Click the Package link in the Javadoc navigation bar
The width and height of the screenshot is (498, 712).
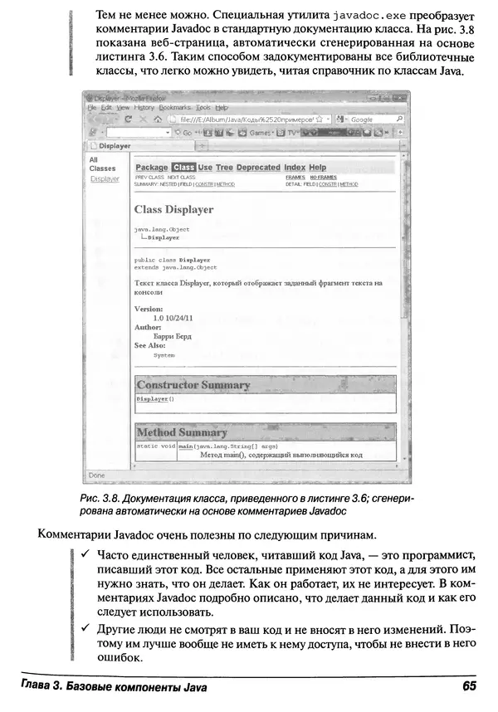151,168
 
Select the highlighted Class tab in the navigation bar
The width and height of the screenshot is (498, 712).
183,168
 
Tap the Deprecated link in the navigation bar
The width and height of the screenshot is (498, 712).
258,168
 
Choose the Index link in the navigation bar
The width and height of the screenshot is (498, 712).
295,168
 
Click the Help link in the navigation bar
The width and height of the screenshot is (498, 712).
318,168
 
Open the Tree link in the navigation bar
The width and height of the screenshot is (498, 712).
224,168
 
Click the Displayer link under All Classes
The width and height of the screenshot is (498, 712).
104,179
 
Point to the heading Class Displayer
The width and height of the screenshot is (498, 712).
173,210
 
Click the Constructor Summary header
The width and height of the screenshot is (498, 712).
193,385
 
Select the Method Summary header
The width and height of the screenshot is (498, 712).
181,432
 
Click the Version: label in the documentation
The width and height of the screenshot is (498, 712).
149,309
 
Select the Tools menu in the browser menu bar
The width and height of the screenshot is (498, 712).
203,108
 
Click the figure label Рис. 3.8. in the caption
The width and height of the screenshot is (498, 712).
101,497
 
